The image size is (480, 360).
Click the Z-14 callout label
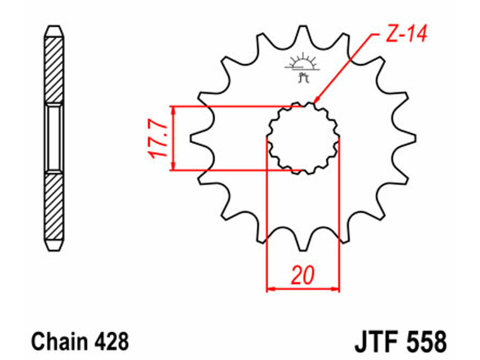point(406,33)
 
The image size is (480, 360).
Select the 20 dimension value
point(303,275)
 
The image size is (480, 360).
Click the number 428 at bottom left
point(111,341)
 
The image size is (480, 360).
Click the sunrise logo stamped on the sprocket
point(303,68)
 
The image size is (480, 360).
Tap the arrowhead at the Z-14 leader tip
point(316,99)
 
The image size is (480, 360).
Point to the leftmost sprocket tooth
point(199,138)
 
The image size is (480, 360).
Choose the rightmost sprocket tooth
point(407,138)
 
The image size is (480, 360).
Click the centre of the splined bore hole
point(303,138)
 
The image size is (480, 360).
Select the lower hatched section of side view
point(54,206)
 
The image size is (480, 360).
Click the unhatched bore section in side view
point(54,138)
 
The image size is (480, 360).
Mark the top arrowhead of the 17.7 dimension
point(173,110)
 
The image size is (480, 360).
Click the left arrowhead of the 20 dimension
point(270,289)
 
